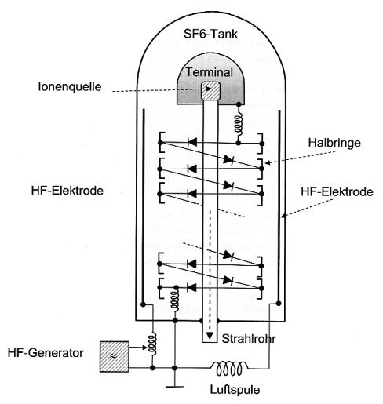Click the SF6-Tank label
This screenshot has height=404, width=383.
click(x=210, y=34)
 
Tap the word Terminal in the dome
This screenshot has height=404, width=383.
click(x=210, y=72)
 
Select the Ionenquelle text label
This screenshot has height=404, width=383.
click(x=70, y=87)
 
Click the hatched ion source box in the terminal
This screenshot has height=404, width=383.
click(x=210, y=91)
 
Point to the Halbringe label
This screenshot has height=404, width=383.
click(x=334, y=143)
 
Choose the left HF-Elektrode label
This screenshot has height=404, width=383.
click(x=67, y=191)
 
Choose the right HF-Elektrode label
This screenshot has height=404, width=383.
click(x=337, y=191)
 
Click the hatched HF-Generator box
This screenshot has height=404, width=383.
click(x=115, y=356)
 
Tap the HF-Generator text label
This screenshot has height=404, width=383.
click(x=46, y=353)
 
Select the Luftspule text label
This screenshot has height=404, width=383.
click(x=235, y=390)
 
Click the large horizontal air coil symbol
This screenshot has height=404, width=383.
click(x=229, y=368)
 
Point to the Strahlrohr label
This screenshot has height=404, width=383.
click(x=249, y=339)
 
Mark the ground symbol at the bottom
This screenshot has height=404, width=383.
click(x=175, y=386)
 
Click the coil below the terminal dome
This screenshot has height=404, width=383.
click(x=238, y=123)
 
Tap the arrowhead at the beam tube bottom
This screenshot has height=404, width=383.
click(x=210, y=335)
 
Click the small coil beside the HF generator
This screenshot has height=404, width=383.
click(x=152, y=344)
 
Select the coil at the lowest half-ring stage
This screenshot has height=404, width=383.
click(x=175, y=300)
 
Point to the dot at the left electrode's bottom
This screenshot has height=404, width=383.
click(x=143, y=304)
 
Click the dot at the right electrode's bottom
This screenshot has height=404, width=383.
click(x=279, y=304)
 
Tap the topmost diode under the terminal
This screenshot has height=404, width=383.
click(x=192, y=142)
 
